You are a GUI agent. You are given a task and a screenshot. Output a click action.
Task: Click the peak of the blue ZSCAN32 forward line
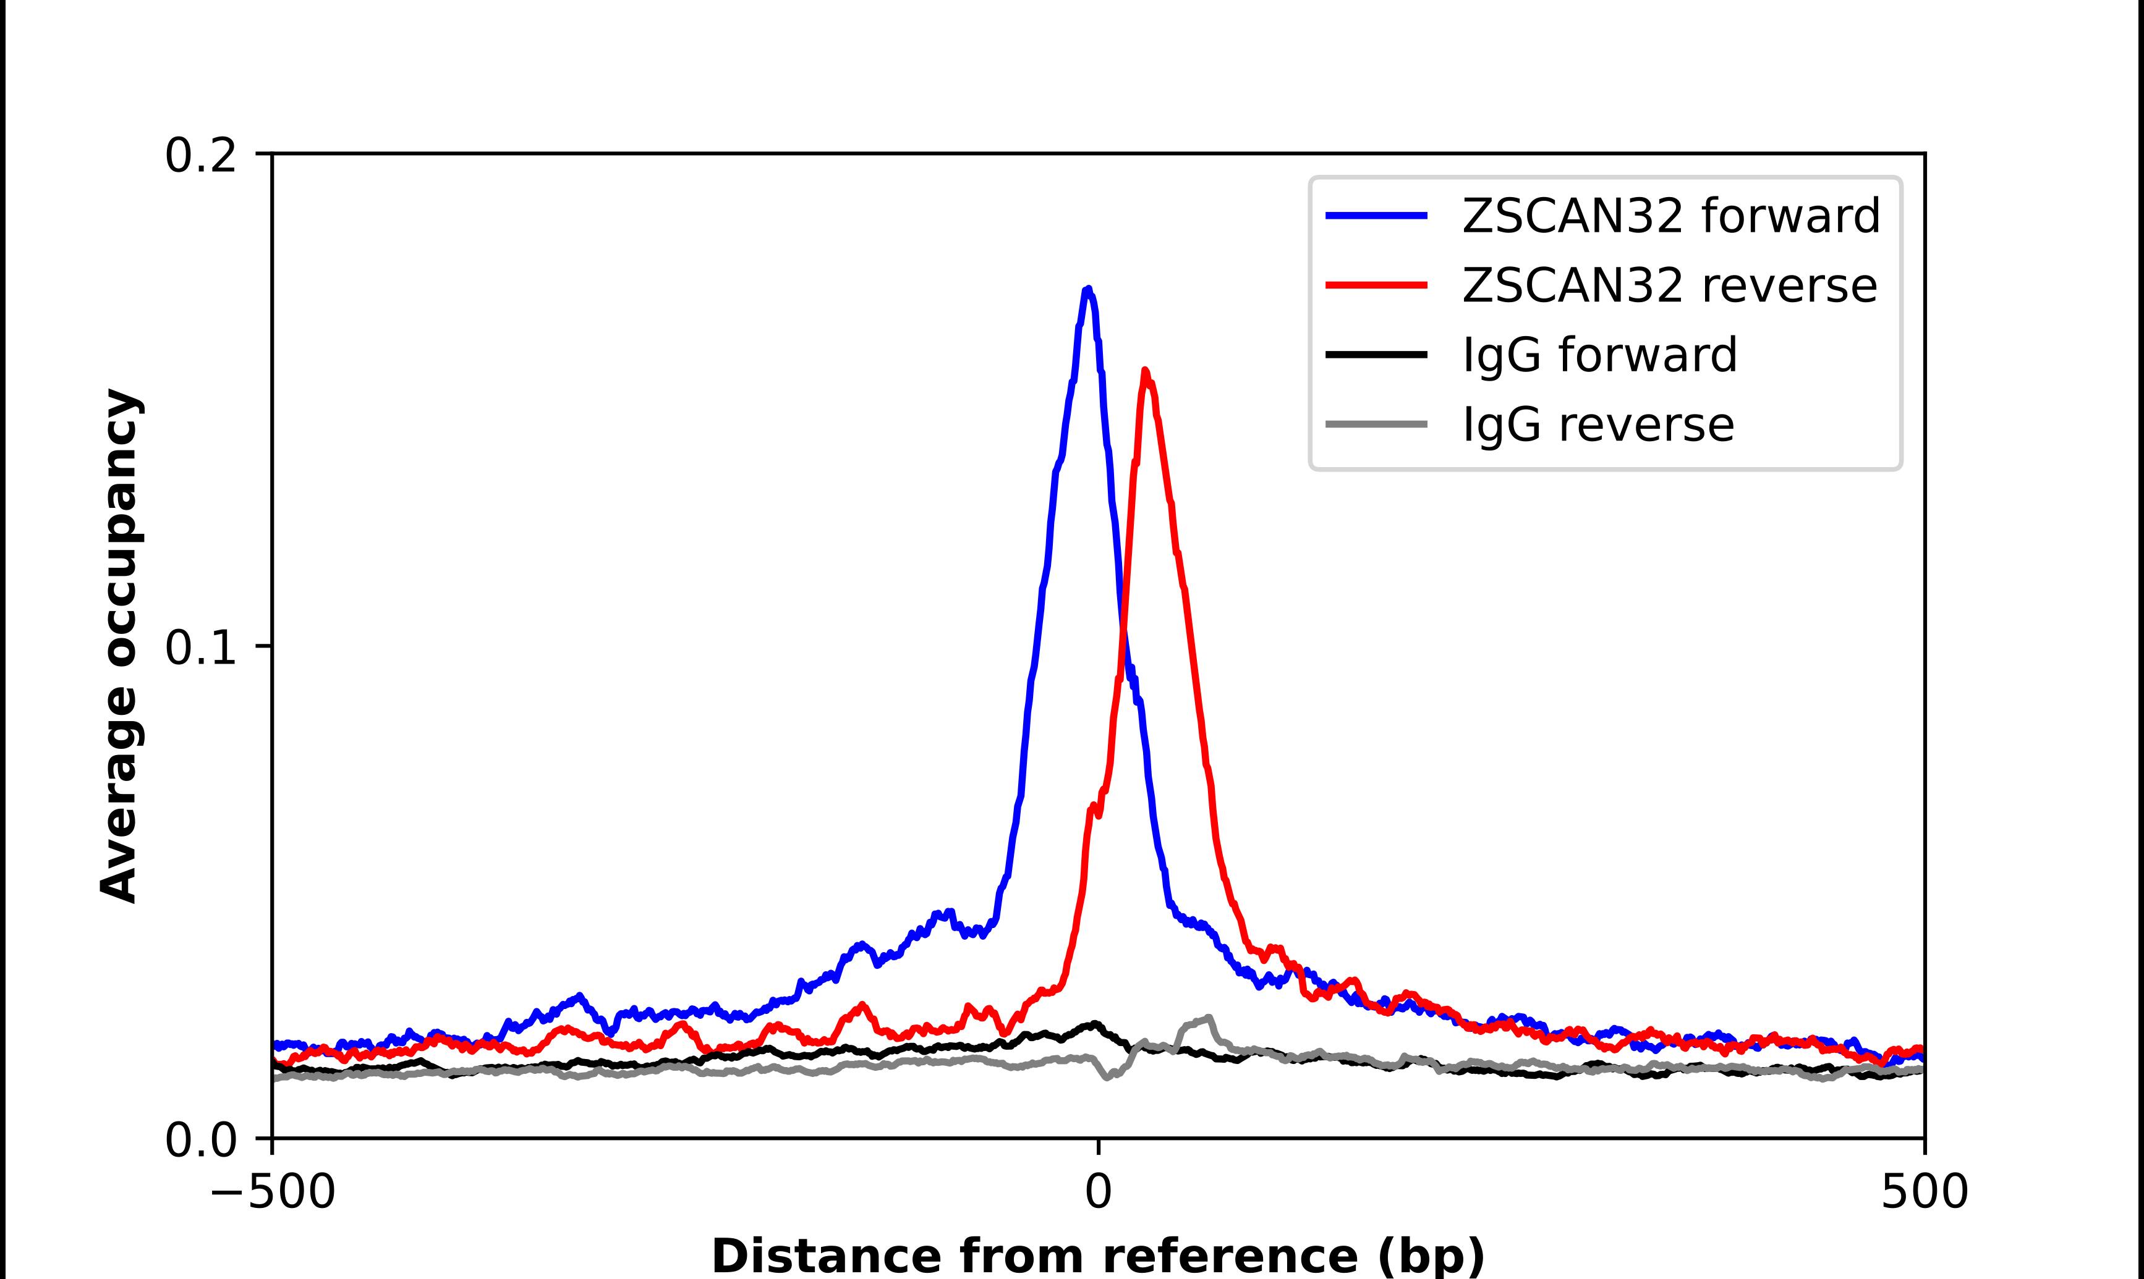point(1088,290)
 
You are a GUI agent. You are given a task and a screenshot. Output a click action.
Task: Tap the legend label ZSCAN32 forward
point(1670,216)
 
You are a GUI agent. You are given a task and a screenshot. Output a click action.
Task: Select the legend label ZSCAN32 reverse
point(1669,285)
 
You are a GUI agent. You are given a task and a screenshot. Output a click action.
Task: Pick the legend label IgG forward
point(1599,355)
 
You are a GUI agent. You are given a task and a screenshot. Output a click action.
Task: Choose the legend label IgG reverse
point(1597,425)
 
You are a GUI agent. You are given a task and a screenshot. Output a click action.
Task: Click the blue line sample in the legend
point(1377,216)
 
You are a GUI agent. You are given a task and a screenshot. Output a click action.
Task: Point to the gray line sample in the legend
point(1377,424)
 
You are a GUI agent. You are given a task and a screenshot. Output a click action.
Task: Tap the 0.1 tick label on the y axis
point(200,648)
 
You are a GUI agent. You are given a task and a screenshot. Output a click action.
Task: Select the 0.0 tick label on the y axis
point(200,1139)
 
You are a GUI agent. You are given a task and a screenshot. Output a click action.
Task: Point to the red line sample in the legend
point(1377,285)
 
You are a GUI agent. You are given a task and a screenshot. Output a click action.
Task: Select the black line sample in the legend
point(1377,354)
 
